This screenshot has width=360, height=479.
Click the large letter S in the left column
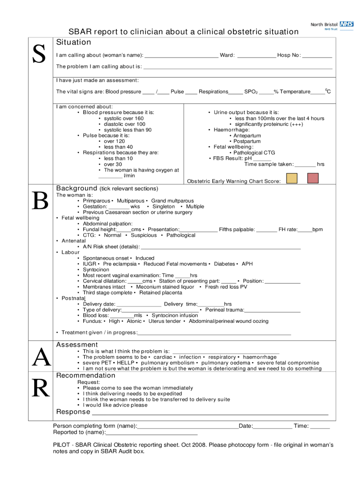coord(39,55)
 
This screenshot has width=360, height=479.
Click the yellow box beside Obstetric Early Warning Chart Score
coord(292,178)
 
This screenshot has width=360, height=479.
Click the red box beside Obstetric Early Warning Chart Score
coord(313,178)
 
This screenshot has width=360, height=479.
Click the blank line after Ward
coord(256,56)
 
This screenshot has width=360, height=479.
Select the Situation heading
coord(73,43)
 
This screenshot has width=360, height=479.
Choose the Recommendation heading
coord(86,376)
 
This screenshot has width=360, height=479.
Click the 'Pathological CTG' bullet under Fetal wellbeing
coord(254,152)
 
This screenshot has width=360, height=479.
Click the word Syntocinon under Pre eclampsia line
coord(96,270)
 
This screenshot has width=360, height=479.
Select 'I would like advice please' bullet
coord(115,405)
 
